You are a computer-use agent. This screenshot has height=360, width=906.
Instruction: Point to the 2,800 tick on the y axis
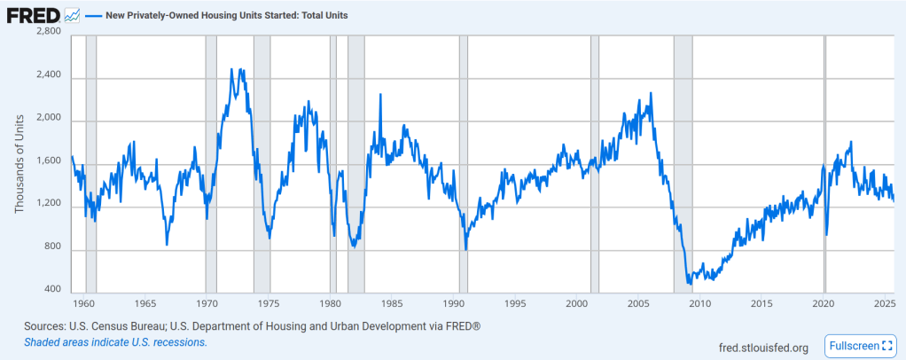(x=47, y=32)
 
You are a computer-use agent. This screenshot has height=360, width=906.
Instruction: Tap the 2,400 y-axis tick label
(x=47, y=76)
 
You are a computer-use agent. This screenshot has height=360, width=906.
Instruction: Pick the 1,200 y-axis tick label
(x=47, y=205)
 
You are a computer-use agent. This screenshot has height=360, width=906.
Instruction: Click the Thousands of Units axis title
(x=19, y=163)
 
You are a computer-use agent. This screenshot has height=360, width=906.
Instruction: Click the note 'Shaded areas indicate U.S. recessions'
(x=115, y=342)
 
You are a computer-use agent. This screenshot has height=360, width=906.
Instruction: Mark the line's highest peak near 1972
(x=231, y=68)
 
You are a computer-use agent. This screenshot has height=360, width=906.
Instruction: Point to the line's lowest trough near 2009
(x=691, y=285)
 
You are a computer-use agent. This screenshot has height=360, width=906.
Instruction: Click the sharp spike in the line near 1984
(x=380, y=94)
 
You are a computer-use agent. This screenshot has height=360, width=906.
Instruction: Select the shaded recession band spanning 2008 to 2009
(x=683, y=160)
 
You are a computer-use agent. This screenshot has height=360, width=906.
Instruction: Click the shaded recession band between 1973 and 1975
(x=262, y=160)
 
